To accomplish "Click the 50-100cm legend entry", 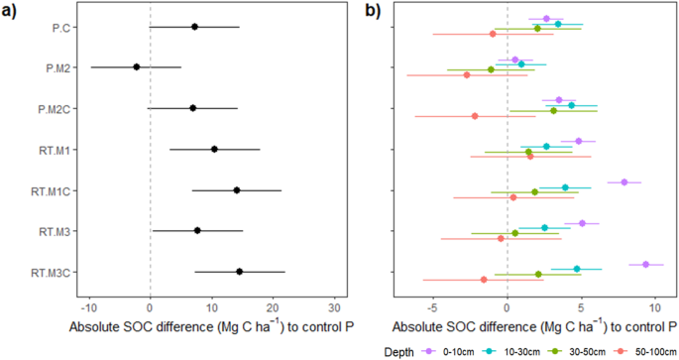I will tap(635, 351).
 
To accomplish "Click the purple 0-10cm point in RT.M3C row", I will tap(645, 264).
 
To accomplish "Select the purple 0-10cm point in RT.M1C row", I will tap(624, 181).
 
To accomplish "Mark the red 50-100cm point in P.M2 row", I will tap(467, 74).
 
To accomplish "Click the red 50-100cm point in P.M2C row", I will tap(475, 116).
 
